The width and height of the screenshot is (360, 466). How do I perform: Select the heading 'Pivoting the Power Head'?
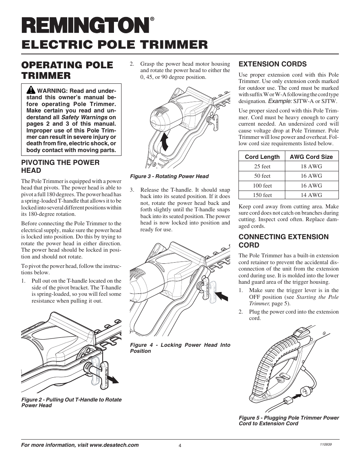point(60,166)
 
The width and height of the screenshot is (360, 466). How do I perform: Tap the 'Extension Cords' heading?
point(272,64)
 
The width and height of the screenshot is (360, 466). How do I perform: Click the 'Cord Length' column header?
point(262,157)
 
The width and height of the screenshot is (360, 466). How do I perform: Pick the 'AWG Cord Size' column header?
point(311,157)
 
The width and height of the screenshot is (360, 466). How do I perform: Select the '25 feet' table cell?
point(262,166)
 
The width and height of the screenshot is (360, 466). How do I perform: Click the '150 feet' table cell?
point(262,195)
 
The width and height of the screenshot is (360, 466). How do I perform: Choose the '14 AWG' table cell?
point(311,195)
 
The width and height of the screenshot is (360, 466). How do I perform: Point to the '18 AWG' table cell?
point(311,166)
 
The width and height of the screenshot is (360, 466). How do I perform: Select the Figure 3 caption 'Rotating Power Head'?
point(169,176)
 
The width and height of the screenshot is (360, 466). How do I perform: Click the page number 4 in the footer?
point(180,445)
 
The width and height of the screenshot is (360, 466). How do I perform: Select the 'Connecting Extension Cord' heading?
point(283,241)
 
